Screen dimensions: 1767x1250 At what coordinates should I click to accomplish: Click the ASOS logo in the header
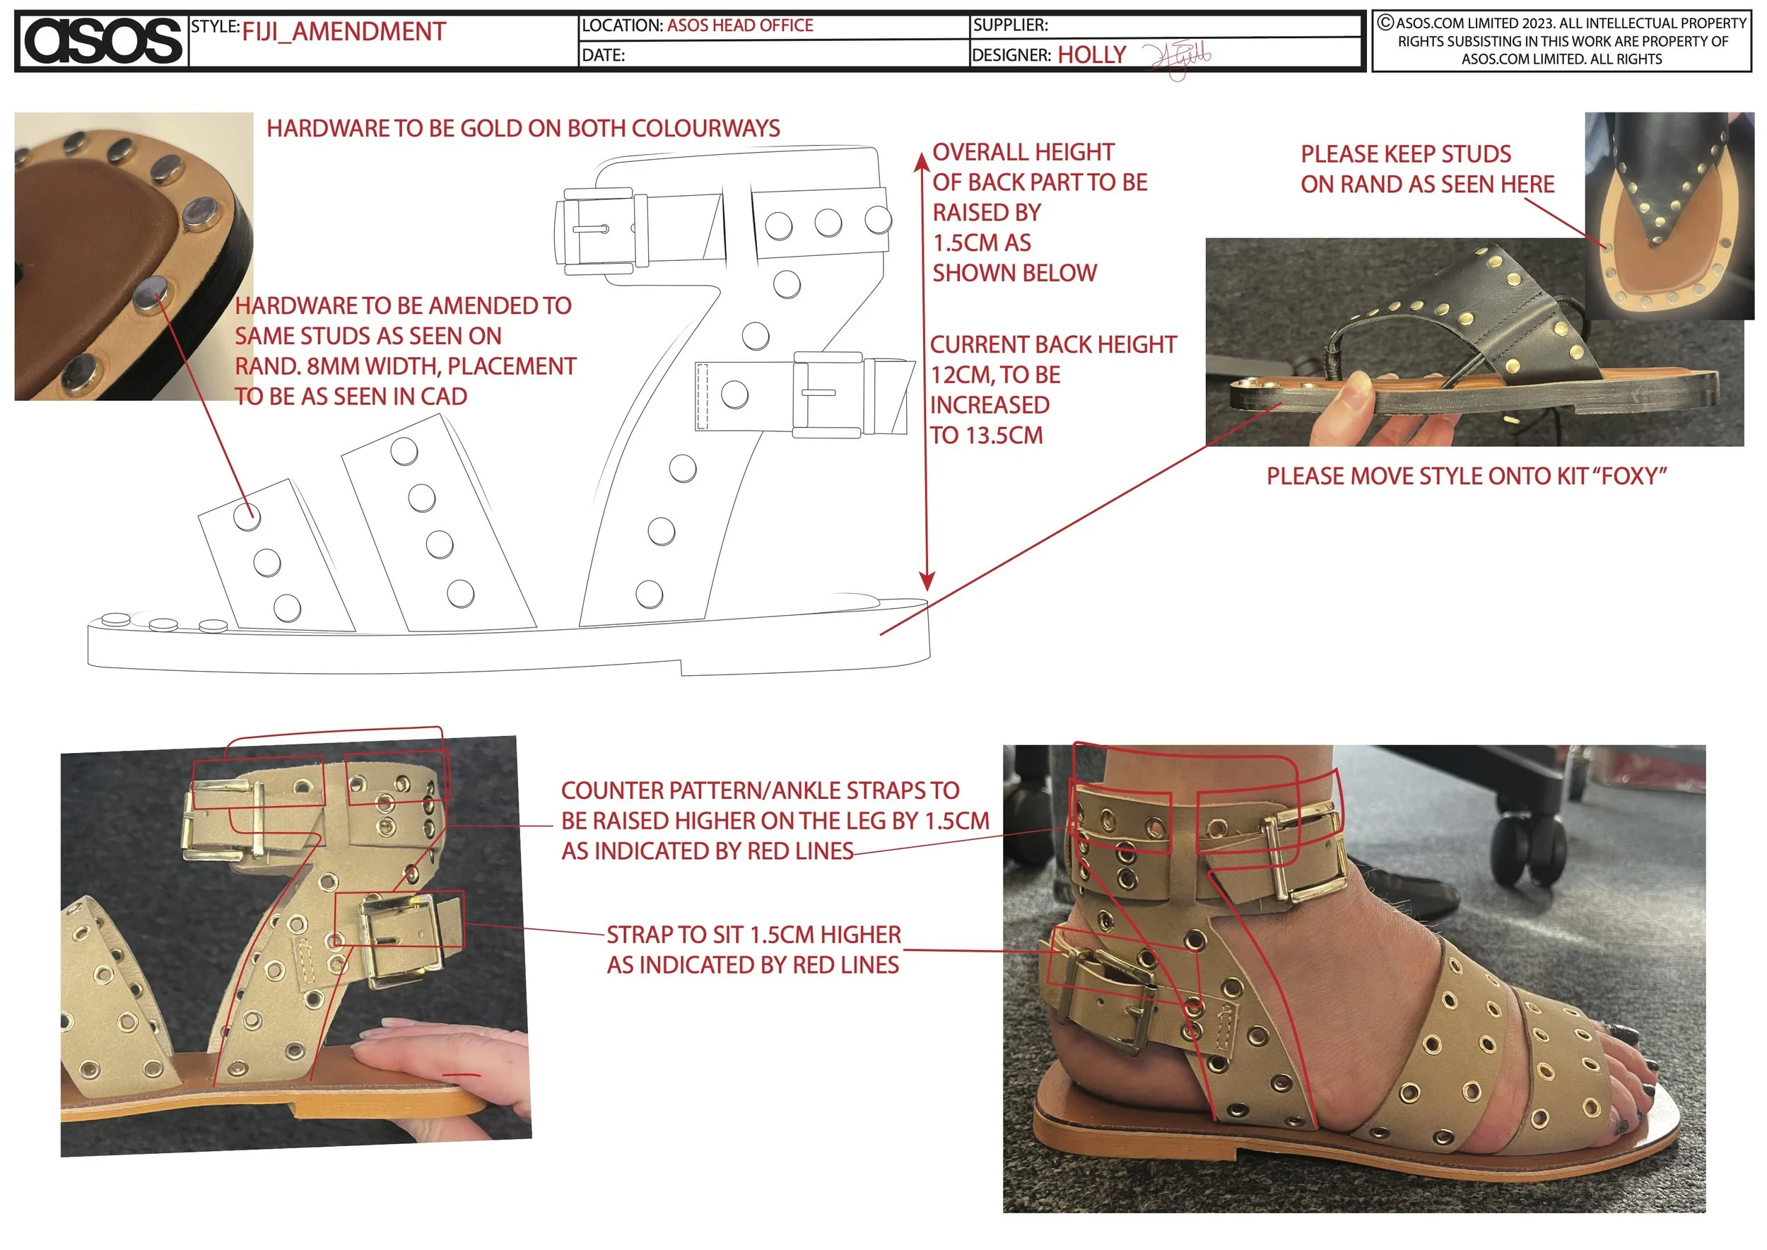coord(102,41)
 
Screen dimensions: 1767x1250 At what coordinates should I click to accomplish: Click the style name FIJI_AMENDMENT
coord(344,32)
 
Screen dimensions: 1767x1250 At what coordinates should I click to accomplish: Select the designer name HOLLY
coord(1091,54)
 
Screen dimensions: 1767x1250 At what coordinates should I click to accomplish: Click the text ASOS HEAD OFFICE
coord(739,25)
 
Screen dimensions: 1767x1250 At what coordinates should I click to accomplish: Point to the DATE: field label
coord(603,55)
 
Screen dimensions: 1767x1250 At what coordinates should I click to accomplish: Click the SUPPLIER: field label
coord(1010,25)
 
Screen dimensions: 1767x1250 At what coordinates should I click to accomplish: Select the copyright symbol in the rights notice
coord(1385,23)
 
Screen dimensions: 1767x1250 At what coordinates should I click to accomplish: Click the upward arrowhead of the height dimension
coord(920,161)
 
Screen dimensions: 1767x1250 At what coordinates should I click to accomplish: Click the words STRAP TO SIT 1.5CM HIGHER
coord(753,935)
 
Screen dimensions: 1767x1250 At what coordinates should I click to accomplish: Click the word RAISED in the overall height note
coord(987,212)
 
